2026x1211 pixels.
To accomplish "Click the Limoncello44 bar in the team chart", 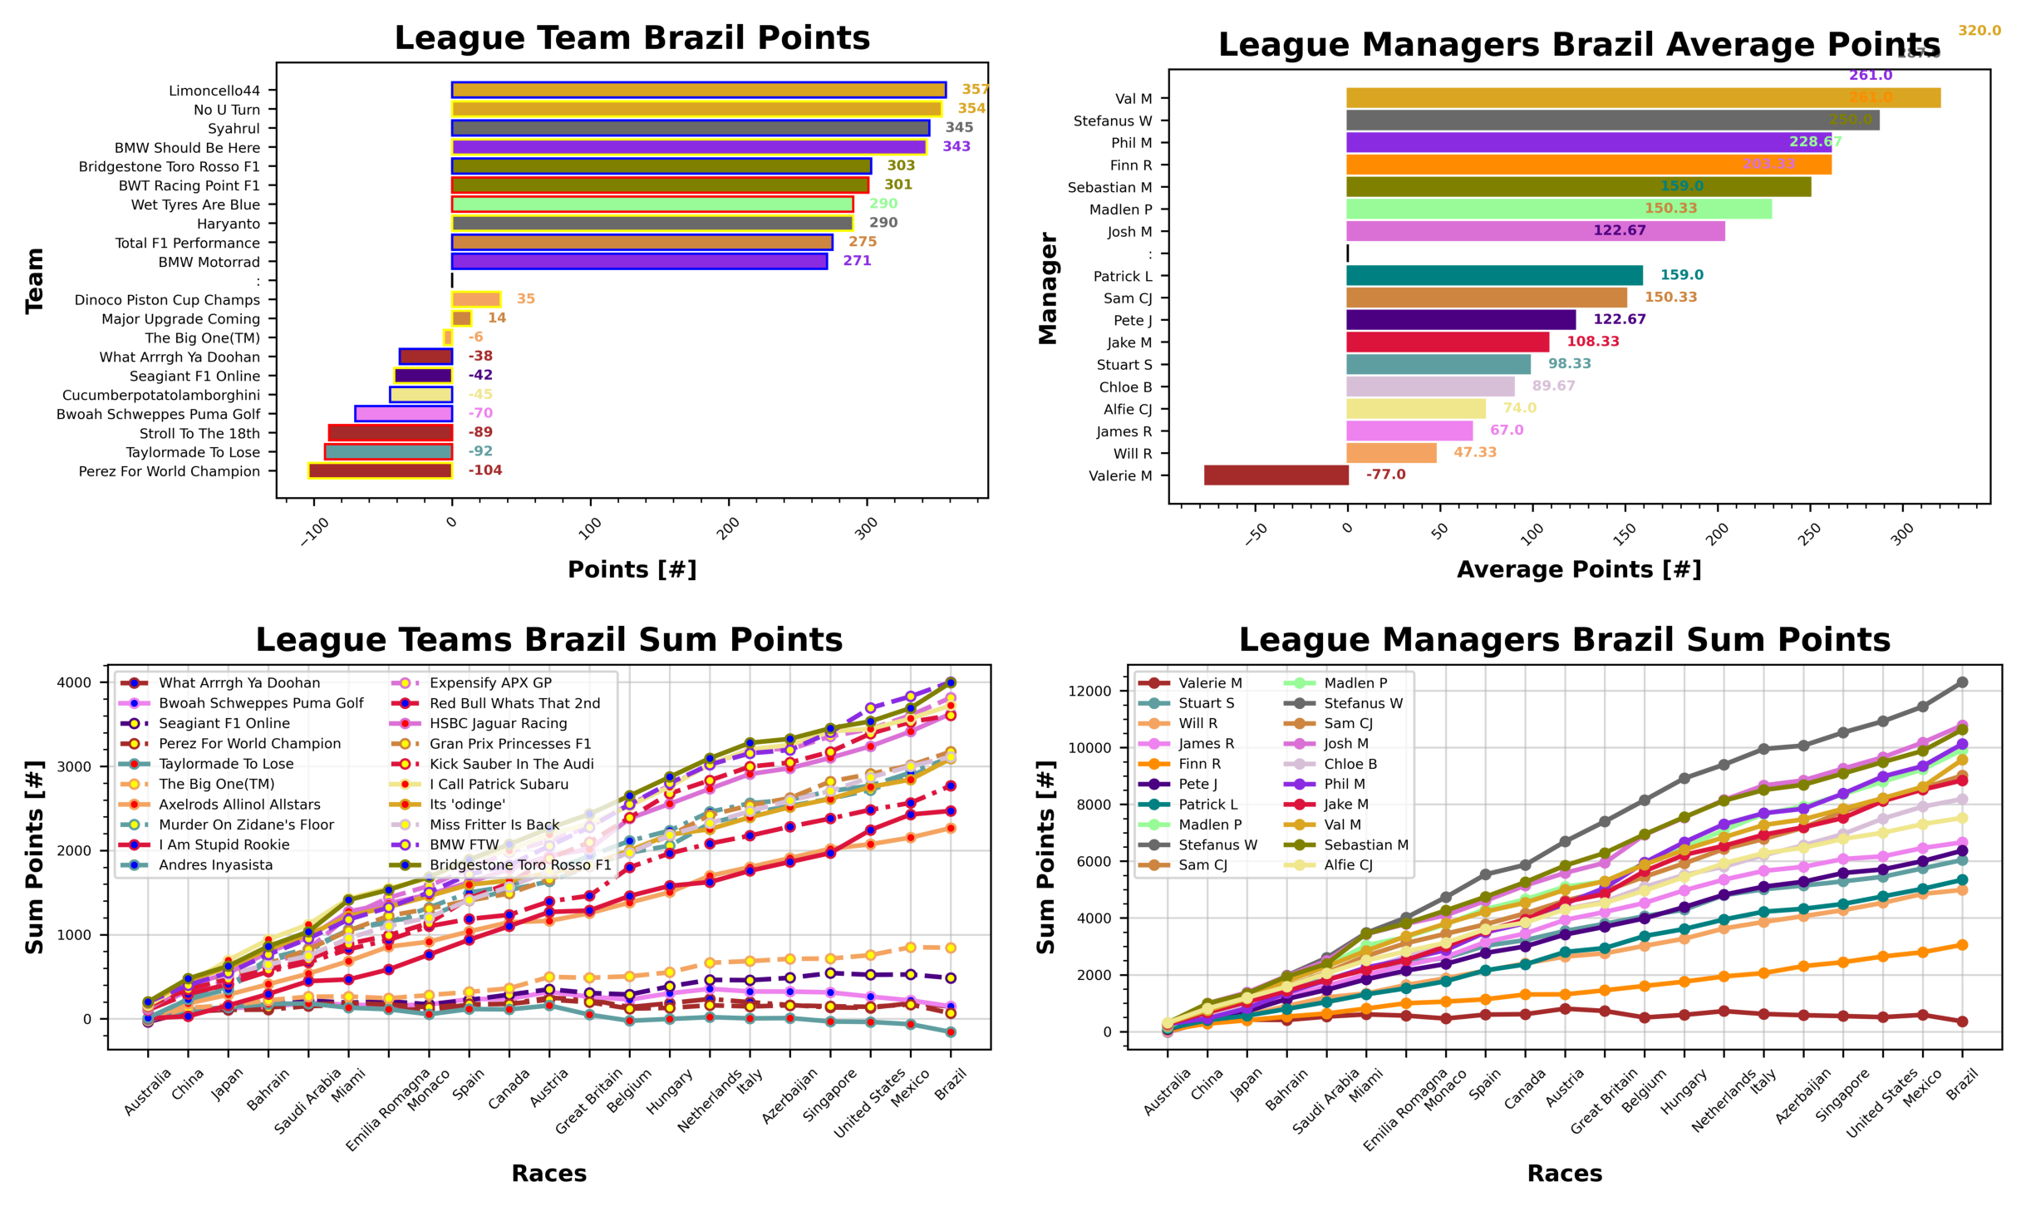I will tap(698, 90).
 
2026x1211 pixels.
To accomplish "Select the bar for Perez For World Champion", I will tap(380, 470).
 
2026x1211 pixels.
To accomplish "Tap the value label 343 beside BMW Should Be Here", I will tap(956, 146).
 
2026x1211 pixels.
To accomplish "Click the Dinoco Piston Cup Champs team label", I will tap(167, 300).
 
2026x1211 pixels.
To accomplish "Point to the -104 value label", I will tap(484, 470).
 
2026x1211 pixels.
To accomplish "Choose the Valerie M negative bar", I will tap(1276, 475).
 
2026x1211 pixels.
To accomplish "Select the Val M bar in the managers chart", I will tap(1642, 98).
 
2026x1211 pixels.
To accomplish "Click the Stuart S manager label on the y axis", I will tap(1124, 365).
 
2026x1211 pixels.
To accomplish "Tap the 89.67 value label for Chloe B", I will tap(1552, 386).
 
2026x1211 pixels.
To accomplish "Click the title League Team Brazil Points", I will tap(632, 38).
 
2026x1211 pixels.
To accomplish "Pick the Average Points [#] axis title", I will tap(1578, 569).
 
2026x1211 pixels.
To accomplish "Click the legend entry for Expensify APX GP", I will tap(490, 683).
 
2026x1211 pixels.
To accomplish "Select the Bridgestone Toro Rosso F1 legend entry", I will tap(520, 865).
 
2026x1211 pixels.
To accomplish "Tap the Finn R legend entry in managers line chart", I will tap(1199, 764).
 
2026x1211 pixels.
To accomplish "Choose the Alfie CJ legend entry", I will tap(1348, 865).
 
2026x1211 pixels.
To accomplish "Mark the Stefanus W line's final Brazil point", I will tap(1962, 682).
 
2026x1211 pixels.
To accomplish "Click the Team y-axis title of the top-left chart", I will tap(34, 281).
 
